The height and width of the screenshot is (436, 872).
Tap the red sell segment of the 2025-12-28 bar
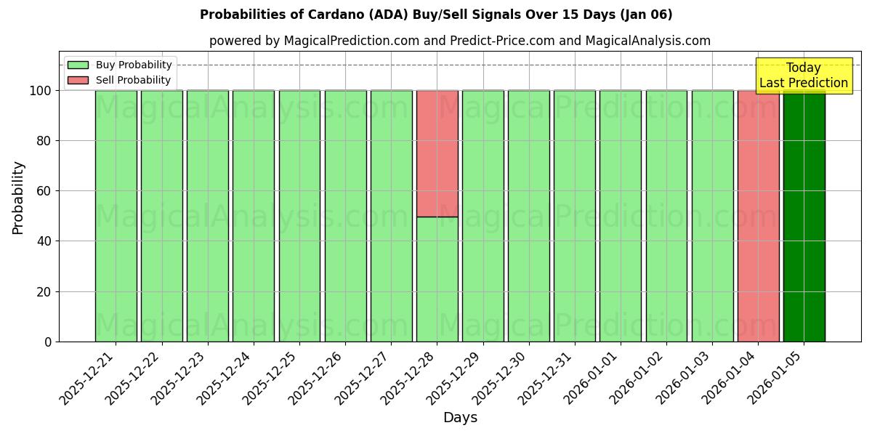point(437,153)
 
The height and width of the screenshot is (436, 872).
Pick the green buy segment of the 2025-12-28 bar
point(437,279)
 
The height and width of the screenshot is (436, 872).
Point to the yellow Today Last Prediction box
point(803,76)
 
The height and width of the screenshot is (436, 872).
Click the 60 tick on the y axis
point(45,191)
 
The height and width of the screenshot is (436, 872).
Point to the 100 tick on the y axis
point(41,91)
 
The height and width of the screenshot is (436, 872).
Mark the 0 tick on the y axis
point(48,342)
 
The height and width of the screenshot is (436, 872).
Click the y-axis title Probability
point(18,197)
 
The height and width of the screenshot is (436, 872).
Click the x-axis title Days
point(460,418)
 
